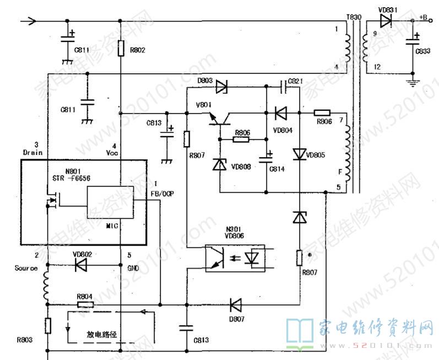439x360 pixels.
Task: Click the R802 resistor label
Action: pyautogui.click(x=138, y=51)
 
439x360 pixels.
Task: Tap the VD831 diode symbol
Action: pyautogui.click(x=386, y=20)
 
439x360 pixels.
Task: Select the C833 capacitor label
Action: pyautogui.click(x=423, y=51)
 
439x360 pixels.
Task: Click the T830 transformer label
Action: pyautogui.click(x=354, y=17)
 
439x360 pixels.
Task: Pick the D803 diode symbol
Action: pyautogui.click(x=222, y=87)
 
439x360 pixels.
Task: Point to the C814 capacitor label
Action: pyautogui.click(x=277, y=169)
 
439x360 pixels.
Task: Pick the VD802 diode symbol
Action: pyautogui.click(x=81, y=265)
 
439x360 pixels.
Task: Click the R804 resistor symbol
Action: pyautogui.click(x=85, y=304)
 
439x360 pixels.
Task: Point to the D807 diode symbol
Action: pyautogui.click(x=236, y=304)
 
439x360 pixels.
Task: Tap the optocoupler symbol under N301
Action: pyautogui.click(x=237, y=258)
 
